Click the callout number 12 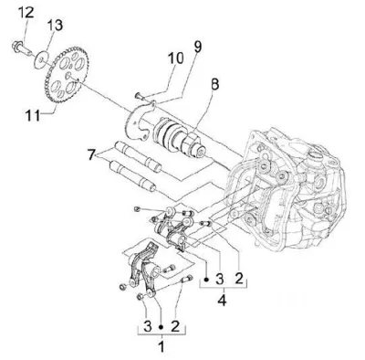[26, 12]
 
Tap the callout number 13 [55, 25]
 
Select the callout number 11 [33, 115]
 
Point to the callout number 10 [176, 58]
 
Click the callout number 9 [198, 47]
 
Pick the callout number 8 [214, 84]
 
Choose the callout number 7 [91, 154]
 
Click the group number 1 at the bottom [162, 346]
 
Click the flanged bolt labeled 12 [19, 48]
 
